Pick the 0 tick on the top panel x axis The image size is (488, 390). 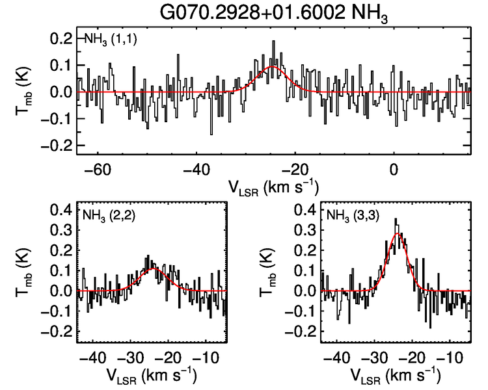coord(394,169)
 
